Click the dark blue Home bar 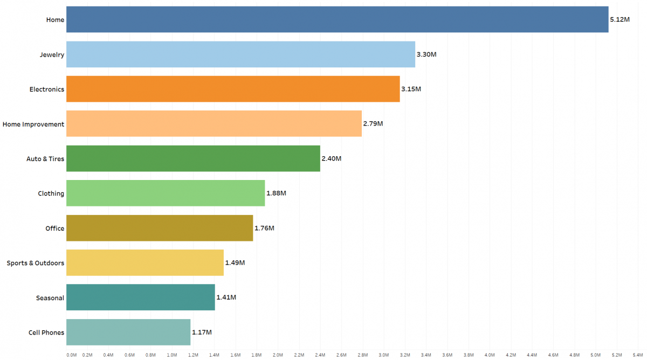(337, 19)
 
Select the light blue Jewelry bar (240, 54)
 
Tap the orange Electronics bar (233, 89)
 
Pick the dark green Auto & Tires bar (193, 158)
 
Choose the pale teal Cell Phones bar (128, 332)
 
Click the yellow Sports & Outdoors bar (144, 262)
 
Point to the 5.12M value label (620, 19)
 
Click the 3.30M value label (426, 54)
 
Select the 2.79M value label (373, 123)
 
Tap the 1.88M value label (276, 193)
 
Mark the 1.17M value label (202, 332)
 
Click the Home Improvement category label (33, 124)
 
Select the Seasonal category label (50, 298)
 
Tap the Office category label (54, 229)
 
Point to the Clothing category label (51, 193)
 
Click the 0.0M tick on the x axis (71, 355)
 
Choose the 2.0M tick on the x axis (278, 355)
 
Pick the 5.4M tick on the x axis (638, 355)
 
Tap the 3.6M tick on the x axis (448, 355)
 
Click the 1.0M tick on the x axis (172, 355)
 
